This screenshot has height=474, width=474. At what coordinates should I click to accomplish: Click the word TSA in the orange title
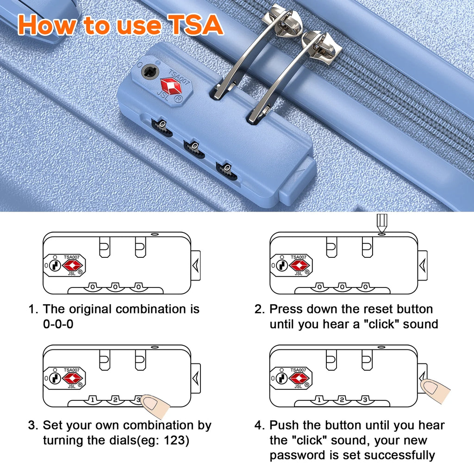[196, 25]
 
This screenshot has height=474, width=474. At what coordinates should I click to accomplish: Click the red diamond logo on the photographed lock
[171, 86]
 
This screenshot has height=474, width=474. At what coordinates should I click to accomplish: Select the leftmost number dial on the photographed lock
[162, 127]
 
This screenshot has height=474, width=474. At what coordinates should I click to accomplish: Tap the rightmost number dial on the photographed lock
[226, 171]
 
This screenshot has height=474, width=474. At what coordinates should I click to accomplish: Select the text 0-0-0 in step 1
[58, 324]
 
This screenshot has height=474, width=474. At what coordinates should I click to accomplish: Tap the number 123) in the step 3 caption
[176, 440]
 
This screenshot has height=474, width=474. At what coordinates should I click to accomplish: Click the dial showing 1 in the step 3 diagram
[93, 399]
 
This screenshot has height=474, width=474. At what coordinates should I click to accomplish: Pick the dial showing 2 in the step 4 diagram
[342, 399]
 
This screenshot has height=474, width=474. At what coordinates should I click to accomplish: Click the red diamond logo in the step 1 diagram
[72, 266]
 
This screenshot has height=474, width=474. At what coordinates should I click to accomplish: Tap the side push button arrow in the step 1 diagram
[196, 265]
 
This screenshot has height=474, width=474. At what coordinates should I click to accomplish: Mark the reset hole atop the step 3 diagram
[155, 347]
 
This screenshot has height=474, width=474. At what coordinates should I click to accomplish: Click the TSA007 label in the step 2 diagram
[299, 257]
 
